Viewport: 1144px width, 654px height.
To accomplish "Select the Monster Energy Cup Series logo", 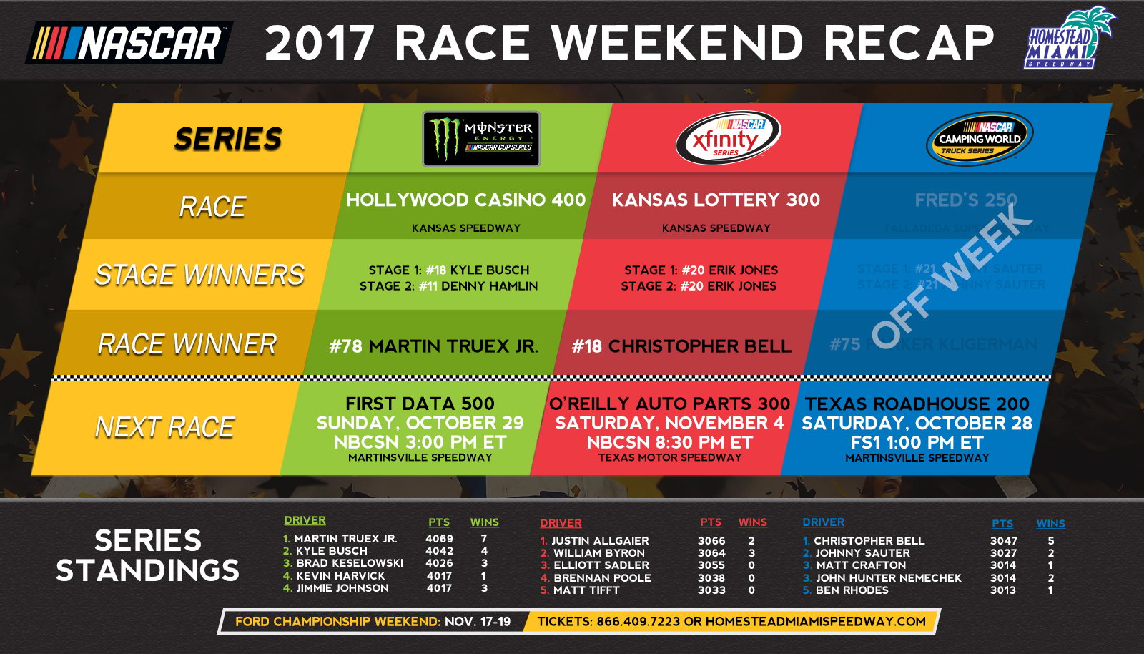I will tap(481, 139).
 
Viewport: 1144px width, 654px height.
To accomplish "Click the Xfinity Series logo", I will tap(727, 137).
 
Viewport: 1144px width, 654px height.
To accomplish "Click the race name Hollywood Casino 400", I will tap(465, 200).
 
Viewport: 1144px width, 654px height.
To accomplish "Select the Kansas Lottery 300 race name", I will tap(716, 200).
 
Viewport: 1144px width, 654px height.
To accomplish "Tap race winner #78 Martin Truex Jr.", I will tap(433, 346).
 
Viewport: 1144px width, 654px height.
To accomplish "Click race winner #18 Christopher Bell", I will tap(681, 346).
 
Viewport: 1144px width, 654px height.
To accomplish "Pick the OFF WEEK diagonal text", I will tap(952, 275).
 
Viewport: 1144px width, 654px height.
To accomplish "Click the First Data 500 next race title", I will tap(420, 404).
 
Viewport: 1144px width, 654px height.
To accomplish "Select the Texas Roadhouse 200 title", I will tap(917, 404).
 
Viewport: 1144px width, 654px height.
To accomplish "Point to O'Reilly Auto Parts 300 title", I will tap(669, 404).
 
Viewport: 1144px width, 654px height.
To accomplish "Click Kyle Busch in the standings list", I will tap(331, 551).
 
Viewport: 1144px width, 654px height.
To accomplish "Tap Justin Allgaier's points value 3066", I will tap(711, 541).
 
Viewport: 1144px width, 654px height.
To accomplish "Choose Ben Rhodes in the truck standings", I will tap(852, 590).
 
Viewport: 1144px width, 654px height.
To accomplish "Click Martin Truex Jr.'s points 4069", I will tap(439, 539).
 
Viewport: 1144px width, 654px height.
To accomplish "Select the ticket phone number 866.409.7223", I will tap(638, 622).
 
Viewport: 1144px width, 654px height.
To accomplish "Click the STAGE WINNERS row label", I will tap(199, 275).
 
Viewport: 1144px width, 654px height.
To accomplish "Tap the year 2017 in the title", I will tap(320, 43).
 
